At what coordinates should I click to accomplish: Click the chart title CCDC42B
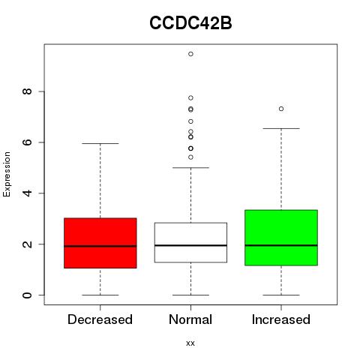click(x=190, y=23)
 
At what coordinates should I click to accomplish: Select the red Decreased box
click(x=100, y=243)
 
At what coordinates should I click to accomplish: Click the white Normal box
click(x=190, y=242)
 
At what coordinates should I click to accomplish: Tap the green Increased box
click(x=281, y=238)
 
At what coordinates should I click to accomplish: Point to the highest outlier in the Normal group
click(x=190, y=54)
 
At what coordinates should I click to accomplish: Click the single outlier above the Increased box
click(x=281, y=109)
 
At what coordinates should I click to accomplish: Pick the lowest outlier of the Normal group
click(x=190, y=157)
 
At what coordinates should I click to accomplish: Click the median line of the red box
click(x=100, y=246)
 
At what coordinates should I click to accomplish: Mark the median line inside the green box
click(x=281, y=245)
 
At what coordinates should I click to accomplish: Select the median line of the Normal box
click(x=190, y=245)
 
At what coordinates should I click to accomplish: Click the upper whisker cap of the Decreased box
click(x=100, y=143)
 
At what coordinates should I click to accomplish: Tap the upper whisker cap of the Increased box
click(x=281, y=128)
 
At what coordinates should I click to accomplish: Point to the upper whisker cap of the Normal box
click(x=190, y=167)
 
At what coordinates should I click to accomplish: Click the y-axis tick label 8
click(x=27, y=91)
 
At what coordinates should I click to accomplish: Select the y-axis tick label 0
click(x=27, y=295)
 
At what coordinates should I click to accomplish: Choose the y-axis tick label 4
click(x=27, y=193)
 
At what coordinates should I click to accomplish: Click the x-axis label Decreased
click(x=100, y=319)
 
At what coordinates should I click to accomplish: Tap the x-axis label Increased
click(x=281, y=319)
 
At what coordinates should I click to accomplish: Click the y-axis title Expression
click(x=7, y=174)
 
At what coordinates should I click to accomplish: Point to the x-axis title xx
click(x=190, y=343)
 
